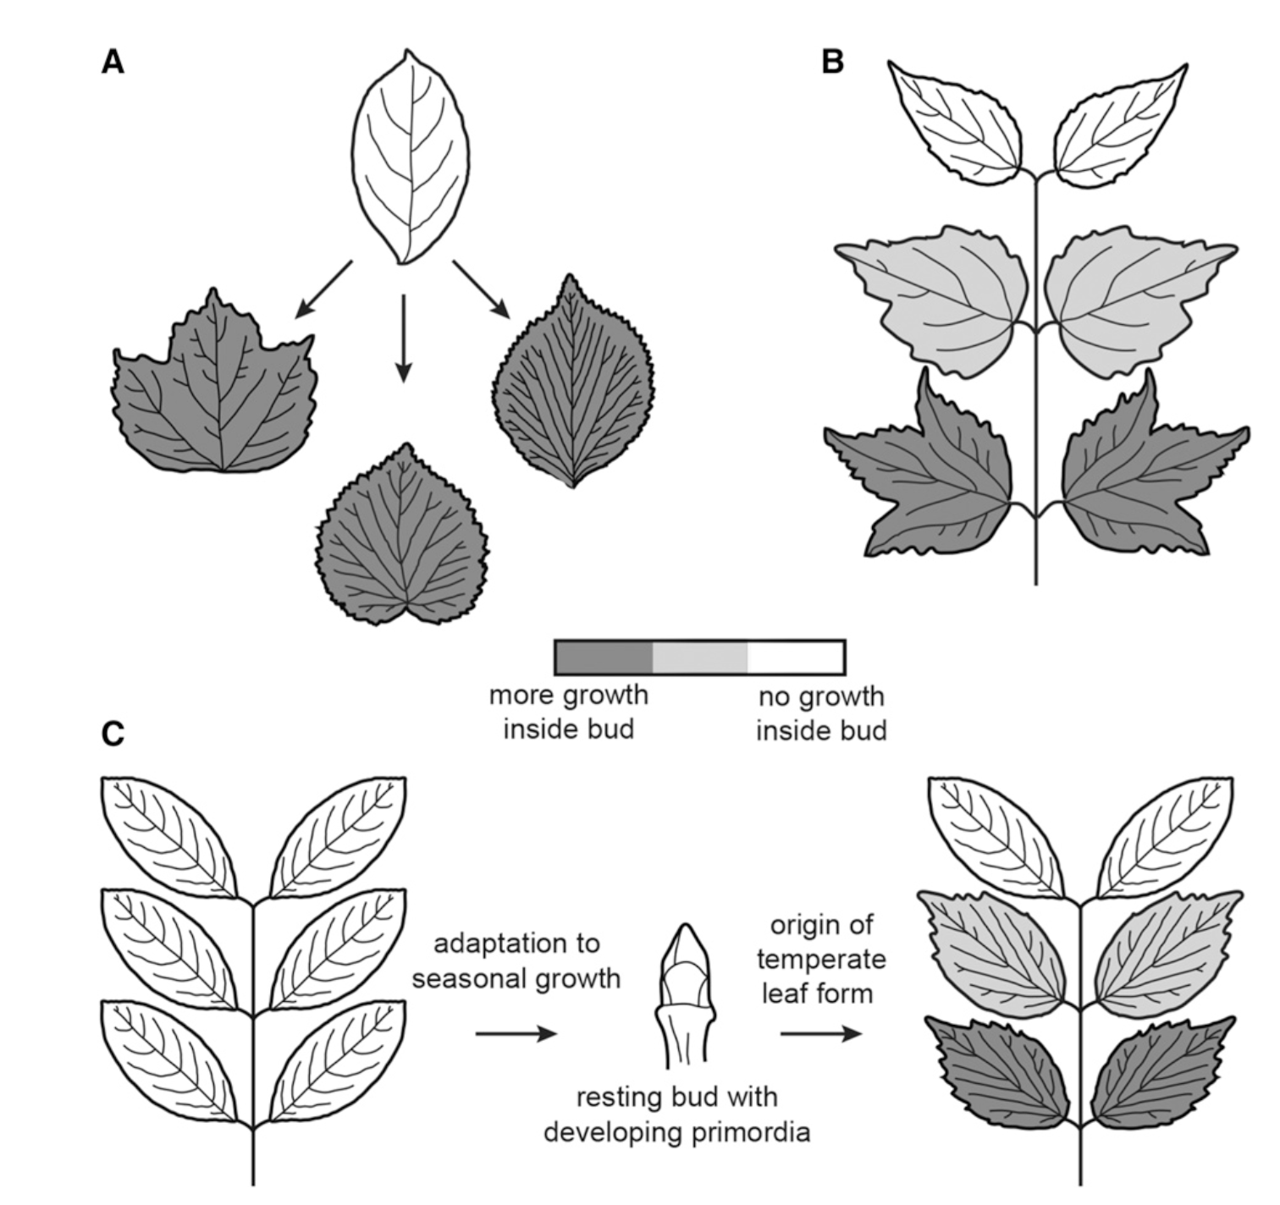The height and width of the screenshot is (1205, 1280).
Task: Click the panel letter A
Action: (x=113, y=62)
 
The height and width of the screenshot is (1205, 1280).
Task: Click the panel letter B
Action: (x=833, y=62)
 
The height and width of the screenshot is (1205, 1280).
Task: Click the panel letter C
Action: (x=113, y=734)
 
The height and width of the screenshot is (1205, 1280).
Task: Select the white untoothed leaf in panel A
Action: (x=411, y=158)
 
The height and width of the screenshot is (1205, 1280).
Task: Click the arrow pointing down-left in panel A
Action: (x=323, y=289)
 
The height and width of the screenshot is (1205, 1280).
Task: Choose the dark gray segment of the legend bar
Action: (x=604, y=658)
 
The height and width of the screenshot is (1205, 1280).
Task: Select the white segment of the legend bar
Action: (x=796, y=658)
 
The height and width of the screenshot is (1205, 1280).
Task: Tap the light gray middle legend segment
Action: (x=700, y=658)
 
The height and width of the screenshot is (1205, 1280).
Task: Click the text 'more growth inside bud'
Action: (x=569, y=712)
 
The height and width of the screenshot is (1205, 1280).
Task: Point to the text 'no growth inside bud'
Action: (x=820, y=713)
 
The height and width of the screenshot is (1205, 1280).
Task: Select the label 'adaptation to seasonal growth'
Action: (x=516, y=960)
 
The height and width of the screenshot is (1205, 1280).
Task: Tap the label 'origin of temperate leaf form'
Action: (x=820, y=959)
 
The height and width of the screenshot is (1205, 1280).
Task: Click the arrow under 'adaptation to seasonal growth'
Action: (x=516, y=1033)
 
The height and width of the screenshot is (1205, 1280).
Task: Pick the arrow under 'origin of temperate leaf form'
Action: (x=820, y=1033)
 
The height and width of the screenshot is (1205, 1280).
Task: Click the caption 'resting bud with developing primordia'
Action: (x=676, y=1114)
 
